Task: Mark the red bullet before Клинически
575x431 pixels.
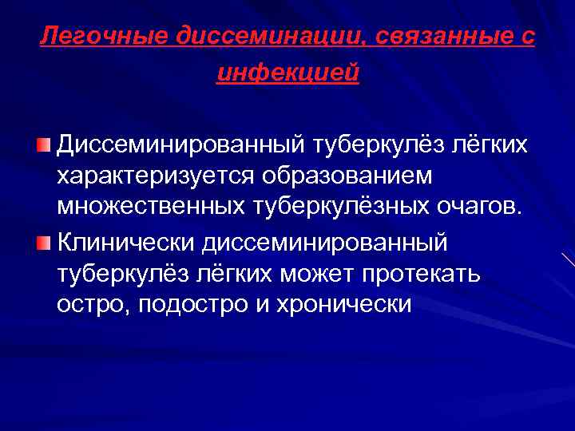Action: tap(43, 240)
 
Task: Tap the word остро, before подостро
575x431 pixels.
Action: tap(87, 304)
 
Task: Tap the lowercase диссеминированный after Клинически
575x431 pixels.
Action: tap(325, 240)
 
